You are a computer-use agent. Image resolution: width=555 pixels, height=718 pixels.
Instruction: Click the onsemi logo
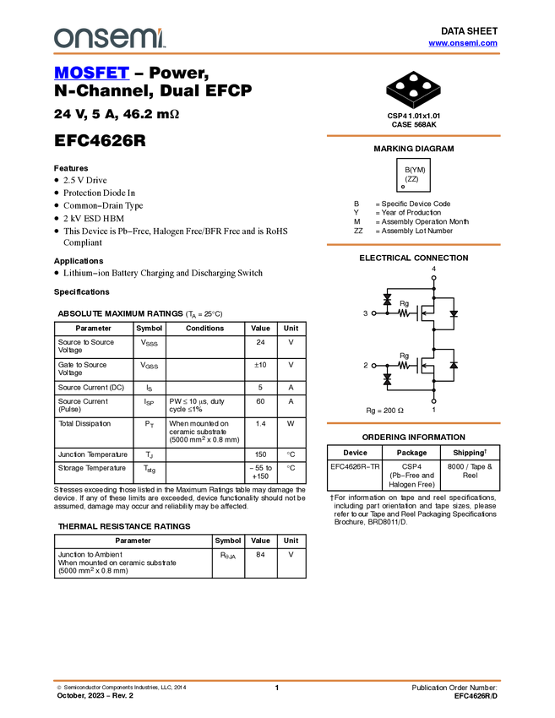pyautogui.click(x=109, y=38)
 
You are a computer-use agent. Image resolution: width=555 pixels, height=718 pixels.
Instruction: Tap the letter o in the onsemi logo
pyautogui.click(x=62, y=39)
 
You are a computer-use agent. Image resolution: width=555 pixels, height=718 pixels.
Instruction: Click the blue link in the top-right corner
pyautogui.click(x=463, y=43)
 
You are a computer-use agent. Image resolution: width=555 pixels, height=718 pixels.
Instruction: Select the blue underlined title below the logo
pyautogui.click(x=91, y=73)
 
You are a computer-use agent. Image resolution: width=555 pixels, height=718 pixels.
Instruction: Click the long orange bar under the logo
pyautogui.click(x=277, y=53)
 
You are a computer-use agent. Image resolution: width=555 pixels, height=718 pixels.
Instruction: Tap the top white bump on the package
pyautogui.click(x=414, y=78)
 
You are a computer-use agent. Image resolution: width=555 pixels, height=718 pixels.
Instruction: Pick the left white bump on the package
pyautogui.click(x=400, y=85)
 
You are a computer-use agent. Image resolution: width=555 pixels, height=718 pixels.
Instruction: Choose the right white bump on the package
pyautogui.click(x=427, y=85)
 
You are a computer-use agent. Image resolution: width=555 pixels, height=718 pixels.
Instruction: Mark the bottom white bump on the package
pyautogui.click(x=414, y=93)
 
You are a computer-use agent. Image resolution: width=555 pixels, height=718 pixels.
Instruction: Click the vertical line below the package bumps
pyautogui.click(x=413, y=106)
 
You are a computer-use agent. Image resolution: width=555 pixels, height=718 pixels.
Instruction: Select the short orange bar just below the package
pyautogui.click(x=413, y=135)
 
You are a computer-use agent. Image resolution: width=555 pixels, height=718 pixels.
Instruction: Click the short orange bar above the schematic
pyautogui.click(x=413, y=245)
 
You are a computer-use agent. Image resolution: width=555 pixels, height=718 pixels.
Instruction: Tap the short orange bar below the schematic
pyautogui.click(x=413, y=423)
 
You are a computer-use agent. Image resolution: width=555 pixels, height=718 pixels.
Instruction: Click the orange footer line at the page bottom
pyautogui.click(x=277, y=680)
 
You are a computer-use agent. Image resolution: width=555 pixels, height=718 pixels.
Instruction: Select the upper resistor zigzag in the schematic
pyautogui.click(x=404, y=313)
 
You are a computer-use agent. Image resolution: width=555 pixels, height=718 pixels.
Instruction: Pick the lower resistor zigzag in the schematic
pyautogui.click(x=404, y=365)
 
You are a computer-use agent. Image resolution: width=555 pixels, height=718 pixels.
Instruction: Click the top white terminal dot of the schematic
pyautogui.click(x=433, y=277)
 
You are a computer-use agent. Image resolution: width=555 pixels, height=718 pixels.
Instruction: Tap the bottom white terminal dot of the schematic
pyautogui.click(x=433, y=402)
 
